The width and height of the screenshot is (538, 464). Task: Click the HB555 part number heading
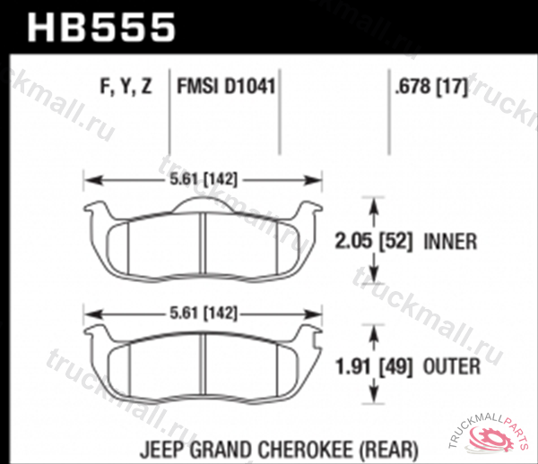tap(101, 28)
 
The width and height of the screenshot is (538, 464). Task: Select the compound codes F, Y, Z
tap(126, 86)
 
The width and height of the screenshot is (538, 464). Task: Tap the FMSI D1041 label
tap(226, 86)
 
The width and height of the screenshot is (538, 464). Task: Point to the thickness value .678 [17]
tap(431, 86)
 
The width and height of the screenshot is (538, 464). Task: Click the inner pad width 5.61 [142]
tap(204, 179)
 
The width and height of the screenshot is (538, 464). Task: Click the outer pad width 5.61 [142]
tap(204, 313)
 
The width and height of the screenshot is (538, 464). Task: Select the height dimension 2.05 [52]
tap(373, 241)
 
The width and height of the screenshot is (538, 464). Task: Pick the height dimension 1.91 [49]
tap(373, 366)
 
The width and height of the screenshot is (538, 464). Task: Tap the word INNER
tap(450, 241)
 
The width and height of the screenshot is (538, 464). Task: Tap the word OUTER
tap(452, 366)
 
